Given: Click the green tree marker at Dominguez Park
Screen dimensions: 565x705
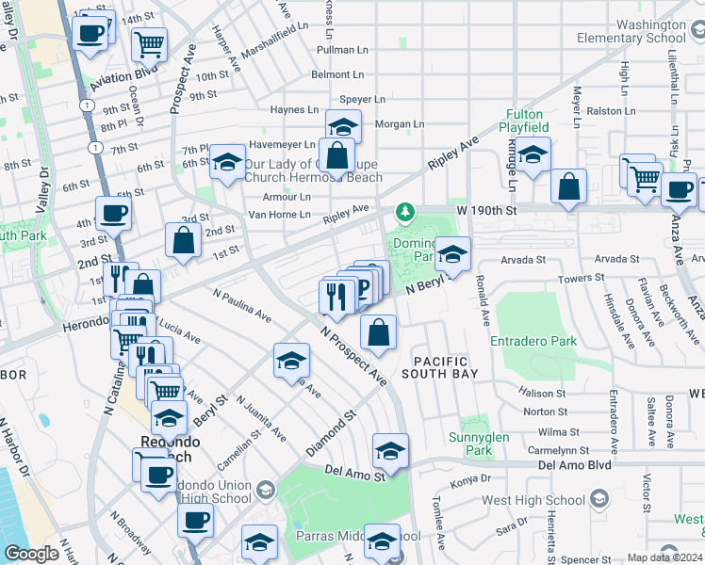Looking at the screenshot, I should click(405, 212).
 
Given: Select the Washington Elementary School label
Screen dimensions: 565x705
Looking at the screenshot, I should click(637, 31).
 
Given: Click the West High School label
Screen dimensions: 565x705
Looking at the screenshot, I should click(533, 501).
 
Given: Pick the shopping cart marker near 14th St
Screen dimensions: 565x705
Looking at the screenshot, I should click(149, 42).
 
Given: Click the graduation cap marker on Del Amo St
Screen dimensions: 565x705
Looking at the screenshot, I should click(390, 452).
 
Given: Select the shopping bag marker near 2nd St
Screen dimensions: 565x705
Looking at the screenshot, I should click(183, 240).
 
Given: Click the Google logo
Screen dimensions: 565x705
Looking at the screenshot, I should click(31, 553).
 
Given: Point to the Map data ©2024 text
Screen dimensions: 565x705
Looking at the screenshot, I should click(665, 557).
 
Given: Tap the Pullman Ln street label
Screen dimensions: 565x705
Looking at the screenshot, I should click(342, 49).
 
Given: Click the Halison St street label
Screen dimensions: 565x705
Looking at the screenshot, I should click(545, 394).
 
